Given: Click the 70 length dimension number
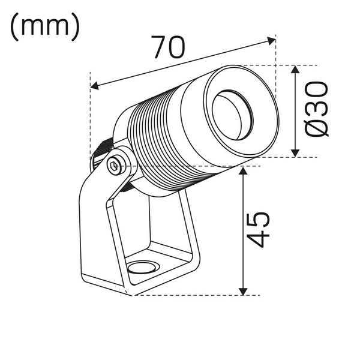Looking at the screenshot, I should (x=167, y=47).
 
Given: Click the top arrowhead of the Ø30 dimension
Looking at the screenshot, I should (x=295, y=70).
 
